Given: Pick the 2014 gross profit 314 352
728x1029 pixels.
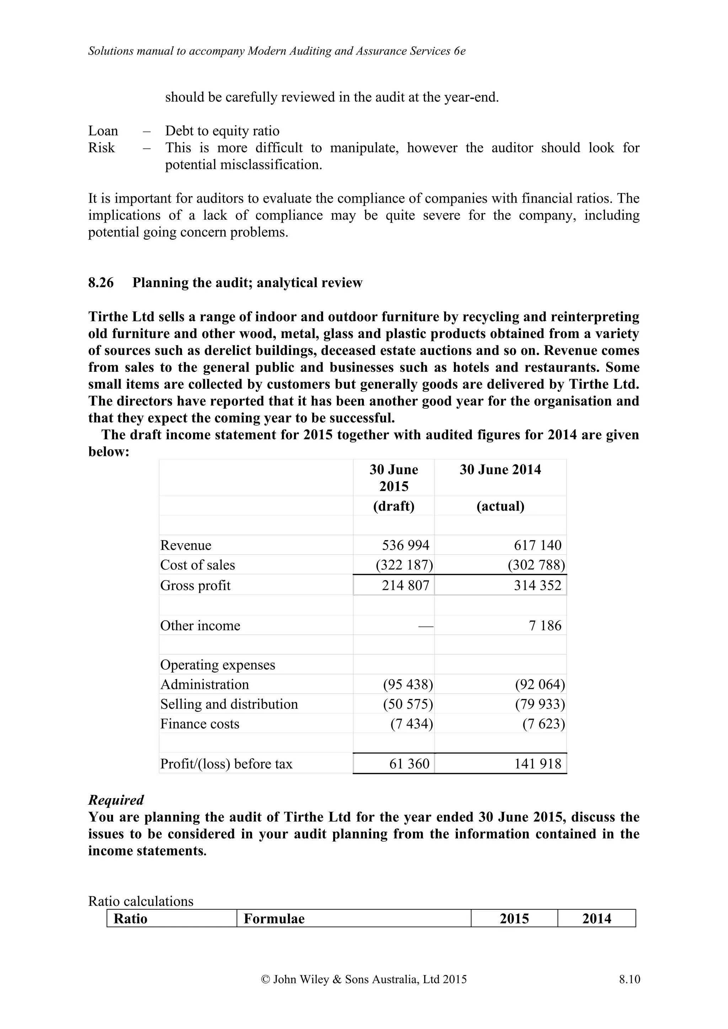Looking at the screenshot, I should [x=537, y=585].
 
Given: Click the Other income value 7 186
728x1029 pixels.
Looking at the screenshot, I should [x=545, y=625].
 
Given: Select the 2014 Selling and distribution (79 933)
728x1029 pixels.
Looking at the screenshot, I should [x=540, y=704].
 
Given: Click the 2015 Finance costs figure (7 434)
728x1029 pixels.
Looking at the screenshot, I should [x=411, y=724].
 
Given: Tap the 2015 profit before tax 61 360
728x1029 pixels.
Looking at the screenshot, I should [x=409, y=764].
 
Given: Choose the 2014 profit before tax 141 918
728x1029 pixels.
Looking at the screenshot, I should [x=537, y=764].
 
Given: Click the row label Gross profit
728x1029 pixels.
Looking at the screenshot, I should [x=195, y=585].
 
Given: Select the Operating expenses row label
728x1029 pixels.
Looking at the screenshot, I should [x=218, y=665].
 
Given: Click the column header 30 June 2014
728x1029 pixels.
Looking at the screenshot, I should [x=500, y=470].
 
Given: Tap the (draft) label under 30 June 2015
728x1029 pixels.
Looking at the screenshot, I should [x=394, y=506].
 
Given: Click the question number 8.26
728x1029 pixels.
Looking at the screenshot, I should [x=101, y=283].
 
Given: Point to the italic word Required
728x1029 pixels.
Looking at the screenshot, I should [x=116, y=800].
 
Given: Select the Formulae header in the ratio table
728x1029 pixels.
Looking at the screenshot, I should [x=274, y=919].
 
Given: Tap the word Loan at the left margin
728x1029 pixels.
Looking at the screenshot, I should [x=103, y=131].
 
